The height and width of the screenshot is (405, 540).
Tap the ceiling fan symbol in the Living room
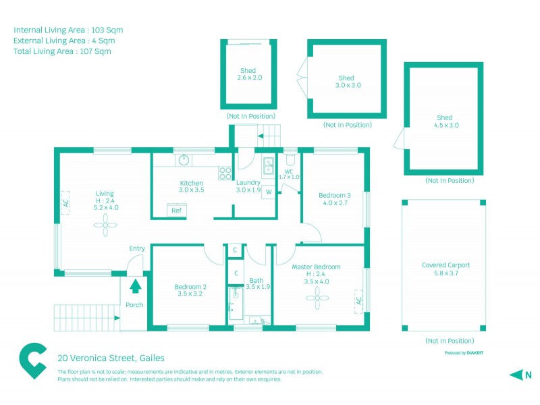click(x=105, y=230)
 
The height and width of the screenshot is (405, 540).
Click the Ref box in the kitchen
click(x=177, y=210)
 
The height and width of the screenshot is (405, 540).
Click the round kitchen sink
click(x=184, y=160)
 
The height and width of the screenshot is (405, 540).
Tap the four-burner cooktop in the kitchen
click(x=225, y=173)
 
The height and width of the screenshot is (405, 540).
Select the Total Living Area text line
click(x=62, y=51)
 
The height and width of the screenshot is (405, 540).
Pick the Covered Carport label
click(x=446, y=269)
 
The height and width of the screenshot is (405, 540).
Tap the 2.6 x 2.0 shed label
click(x=249, y=74)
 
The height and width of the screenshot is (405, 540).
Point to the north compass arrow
click(x=516, y=375)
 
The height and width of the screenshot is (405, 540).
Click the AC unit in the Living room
click(x=66, y=202)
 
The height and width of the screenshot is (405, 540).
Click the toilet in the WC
click(x=290, y=161)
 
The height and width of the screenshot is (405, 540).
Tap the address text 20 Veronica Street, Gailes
click(x=111, y=358)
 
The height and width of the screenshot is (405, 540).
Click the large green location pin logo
click(x=32, y=362)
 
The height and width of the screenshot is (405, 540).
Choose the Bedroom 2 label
click(x=191, y=290)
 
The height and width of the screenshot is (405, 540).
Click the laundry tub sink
click(x=268, y=165)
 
